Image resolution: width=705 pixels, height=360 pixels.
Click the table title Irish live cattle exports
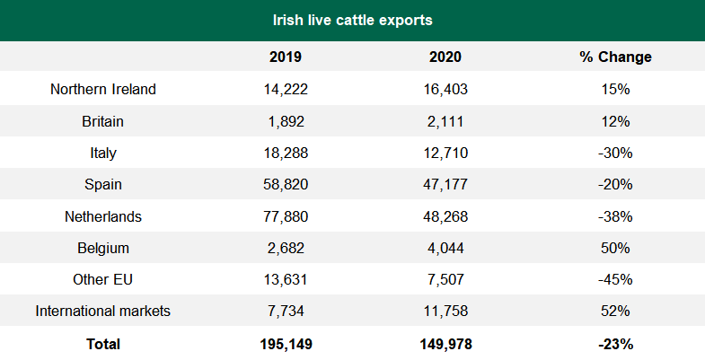pyautogui.click(x=352, y=19)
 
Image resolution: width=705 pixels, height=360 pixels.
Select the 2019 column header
pyautogui.click(x=286, y=57)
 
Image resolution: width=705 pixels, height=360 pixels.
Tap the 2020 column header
pyautogui.click(x=445, y=57)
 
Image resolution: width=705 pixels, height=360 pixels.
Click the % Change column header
pyautogui.click(x=615, y=57)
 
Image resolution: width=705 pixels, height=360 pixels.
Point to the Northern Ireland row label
pyautogui.click(x=103, y=89)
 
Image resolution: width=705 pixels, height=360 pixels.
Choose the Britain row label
pyautogui.click(x=103, y=121)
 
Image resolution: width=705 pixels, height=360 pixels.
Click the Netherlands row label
pyautogui.click(x=103, y=216)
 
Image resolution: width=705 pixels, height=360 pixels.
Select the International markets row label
pyautogui.click(x=103, y=312)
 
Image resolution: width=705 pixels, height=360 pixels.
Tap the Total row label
pyautogui.click(x=103, y=344)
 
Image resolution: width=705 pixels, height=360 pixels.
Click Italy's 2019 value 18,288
pyautogui.click(x=286, y=153)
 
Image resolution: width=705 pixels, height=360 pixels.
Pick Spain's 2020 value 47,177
pyautogui.click(x=445, y=185)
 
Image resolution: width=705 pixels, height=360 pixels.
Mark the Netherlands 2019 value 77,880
pyautogui.click(x=286, y=216)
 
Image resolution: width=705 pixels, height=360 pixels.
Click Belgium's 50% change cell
pyautogui.click(x=615, y=248)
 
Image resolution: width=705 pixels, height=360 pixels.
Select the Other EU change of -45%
pyautogui.click(x=615, y=280)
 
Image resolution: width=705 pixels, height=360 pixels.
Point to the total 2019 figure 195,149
pyautogui.click(x=286, y=344)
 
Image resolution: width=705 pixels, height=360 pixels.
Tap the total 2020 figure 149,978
pyautogui.click(x=445, y=344)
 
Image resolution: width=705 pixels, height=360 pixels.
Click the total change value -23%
pyautogui.click(x=615, y=344)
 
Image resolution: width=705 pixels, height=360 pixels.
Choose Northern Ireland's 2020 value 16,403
pyautogui.click(x=445, y=89)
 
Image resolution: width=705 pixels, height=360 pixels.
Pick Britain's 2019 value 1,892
pyautogui.click(x=286, y=121)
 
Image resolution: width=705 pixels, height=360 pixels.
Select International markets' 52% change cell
pyautogui.click(x=615, y=312)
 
